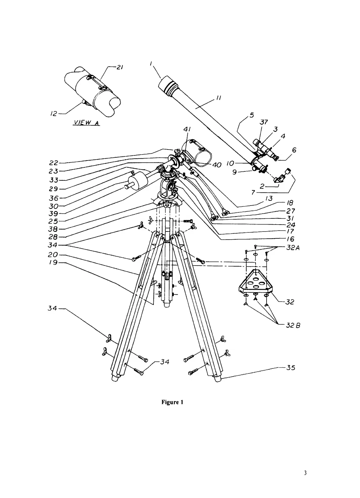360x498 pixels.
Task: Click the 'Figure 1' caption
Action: pyautogui.click(x=172, y=402)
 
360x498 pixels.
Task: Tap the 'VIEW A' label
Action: pyautogui.click(x=86, y=123)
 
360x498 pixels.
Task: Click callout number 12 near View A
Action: pyautogui.click(x=54, y=114)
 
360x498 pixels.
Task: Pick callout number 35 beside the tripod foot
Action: pyautogui.click(x=291, y=368)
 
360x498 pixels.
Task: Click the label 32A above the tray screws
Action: pyautogui.click(x=292, y=247)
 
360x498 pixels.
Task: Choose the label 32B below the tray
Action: pyautogui.click(x=293, y=325)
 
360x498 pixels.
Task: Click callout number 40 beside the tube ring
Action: pyautogui.click(x=217, y=165)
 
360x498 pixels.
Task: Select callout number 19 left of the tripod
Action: pyautogui.click(x=54, y=262)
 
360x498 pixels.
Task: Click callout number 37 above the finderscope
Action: pyautogui.click(x=264, y=122)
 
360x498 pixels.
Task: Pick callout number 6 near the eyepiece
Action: pyautogui.click(x=294, y=150)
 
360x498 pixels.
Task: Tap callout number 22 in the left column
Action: pyautogui.click(x=54, y=163)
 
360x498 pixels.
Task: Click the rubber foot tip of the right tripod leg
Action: pyautogui.click(x=217, y=379)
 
